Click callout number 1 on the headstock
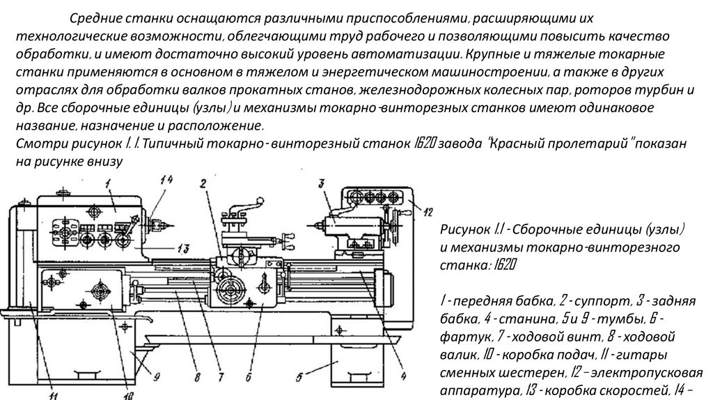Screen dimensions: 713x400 [x=109, y=184]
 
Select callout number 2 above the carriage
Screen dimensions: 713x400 [x=202, y=184]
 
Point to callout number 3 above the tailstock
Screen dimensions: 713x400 [x=322, y=183]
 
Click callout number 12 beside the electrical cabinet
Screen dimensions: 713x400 [x=428, y=210]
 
